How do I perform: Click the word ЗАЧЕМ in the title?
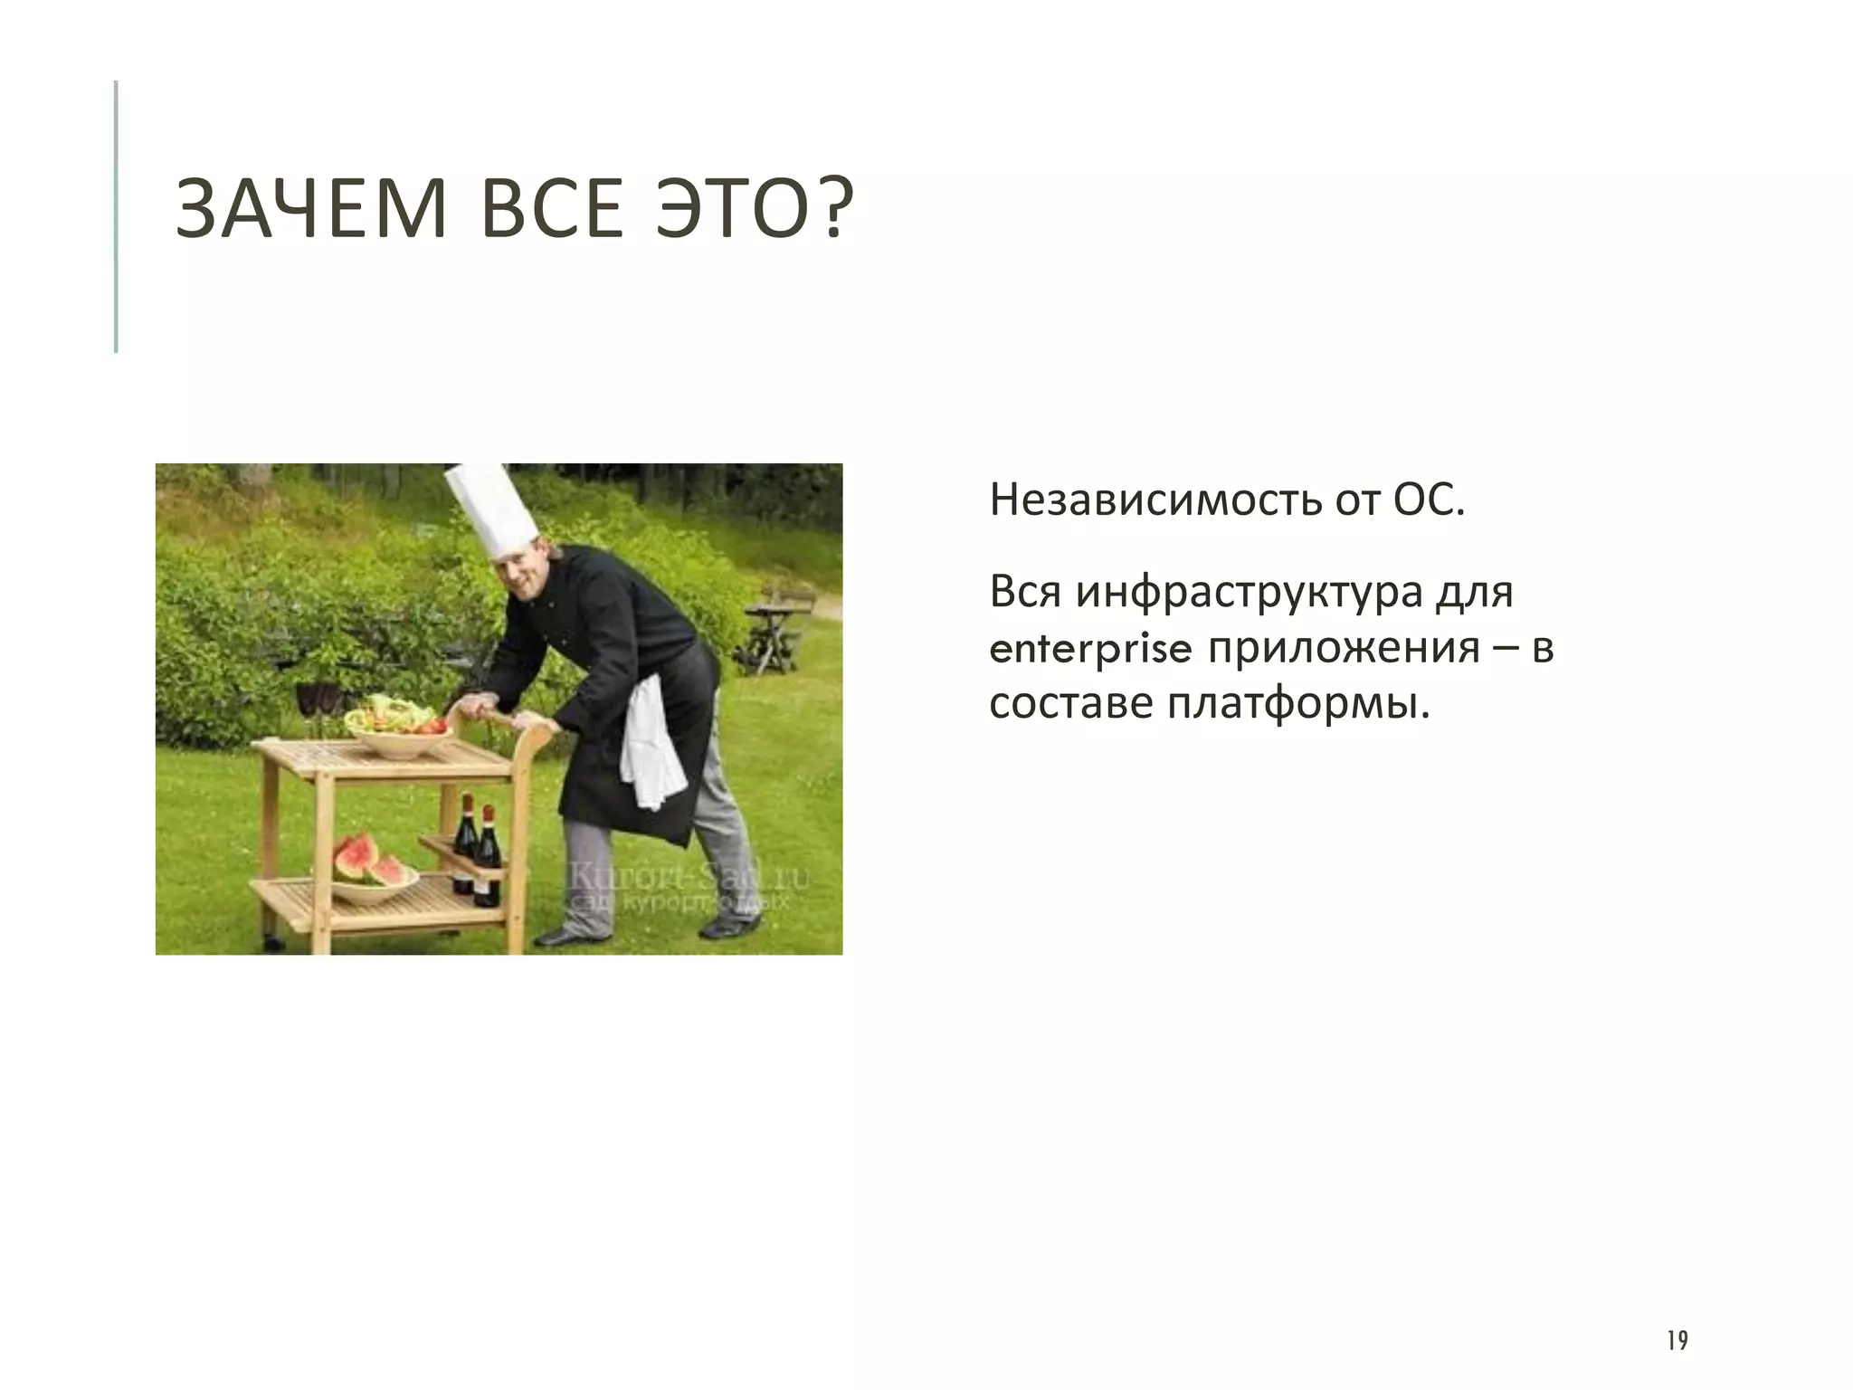(311, 209)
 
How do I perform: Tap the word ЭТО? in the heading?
(755, 209)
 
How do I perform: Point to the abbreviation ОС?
(1427, 500)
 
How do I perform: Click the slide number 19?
(1677, 1340)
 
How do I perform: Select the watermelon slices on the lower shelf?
(369, 861)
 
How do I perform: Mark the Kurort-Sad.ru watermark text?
(688, 880)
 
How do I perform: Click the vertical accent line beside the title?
(116, 217)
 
